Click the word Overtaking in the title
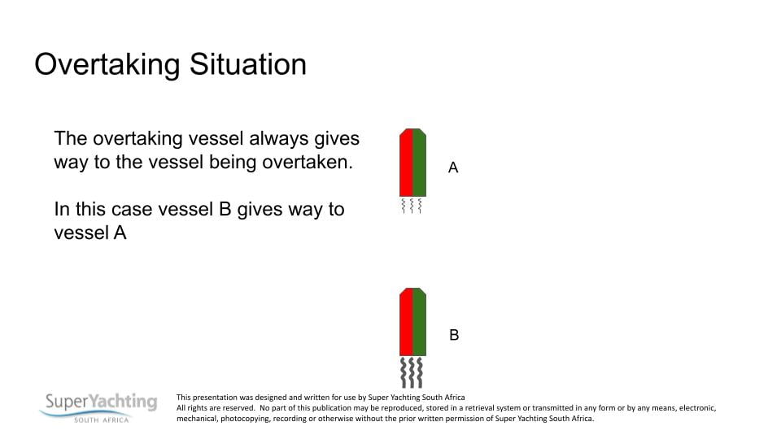[x=107, y=65]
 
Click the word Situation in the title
[x=247, y=64]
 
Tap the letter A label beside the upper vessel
[x=453, y=167]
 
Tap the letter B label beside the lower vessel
[x=454, y=335]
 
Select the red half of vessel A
[x=406, y=163]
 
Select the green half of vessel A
[x=420, y=163]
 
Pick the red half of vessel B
[x=406, y=322]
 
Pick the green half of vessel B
[x=420, y=322]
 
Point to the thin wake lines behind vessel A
[x=412, y=206]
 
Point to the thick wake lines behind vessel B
[x=412, y=372]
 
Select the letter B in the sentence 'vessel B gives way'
[x=225, y=209]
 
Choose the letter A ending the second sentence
[x=120, y=233]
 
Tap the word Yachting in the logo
[x=123, y=401]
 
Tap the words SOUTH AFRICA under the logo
[x=102, y=420]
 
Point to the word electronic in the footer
[x=697, y=407]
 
